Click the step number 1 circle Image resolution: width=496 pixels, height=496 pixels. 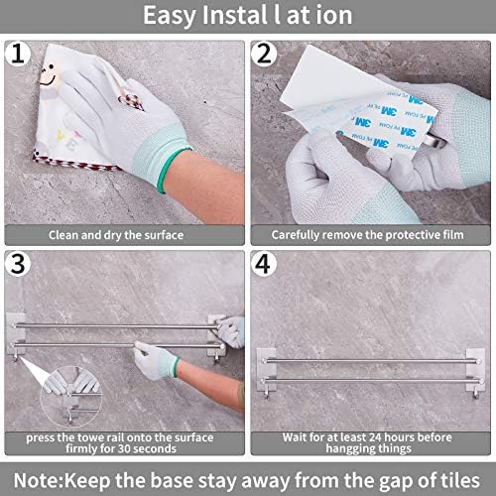18,54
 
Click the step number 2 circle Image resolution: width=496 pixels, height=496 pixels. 264,54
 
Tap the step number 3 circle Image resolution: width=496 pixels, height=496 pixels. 18,264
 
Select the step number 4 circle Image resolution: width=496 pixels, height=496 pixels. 264,264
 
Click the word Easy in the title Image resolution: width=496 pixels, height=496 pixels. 169,16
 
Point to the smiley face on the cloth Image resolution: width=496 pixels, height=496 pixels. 49,75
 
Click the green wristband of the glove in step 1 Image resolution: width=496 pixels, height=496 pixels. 174,170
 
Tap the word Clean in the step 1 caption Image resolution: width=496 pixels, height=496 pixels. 63,235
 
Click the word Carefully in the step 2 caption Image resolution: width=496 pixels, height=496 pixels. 296,235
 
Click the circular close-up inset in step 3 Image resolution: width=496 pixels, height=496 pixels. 70,396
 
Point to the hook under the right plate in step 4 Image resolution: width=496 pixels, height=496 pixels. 476,395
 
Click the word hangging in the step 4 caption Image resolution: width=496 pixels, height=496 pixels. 346,449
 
